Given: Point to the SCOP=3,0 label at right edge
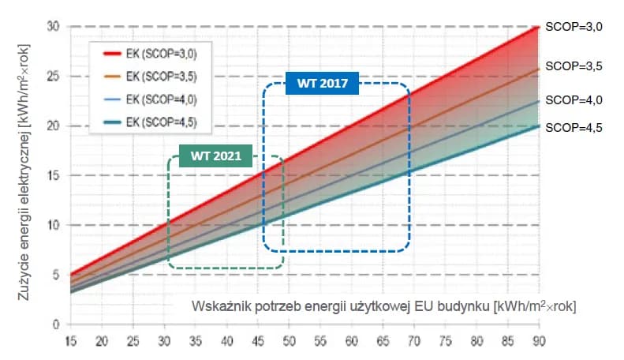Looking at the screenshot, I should [x=574, y=27].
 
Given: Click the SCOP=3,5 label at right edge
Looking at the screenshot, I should [x=574, y=67].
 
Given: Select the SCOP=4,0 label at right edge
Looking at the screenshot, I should [x=574, y=100].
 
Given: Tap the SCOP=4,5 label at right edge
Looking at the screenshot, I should [x=574, y=126].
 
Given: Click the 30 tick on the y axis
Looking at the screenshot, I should [x=54, y=27].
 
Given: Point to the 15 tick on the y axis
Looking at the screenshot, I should [x=54, y=175].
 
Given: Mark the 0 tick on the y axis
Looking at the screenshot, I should [x=57, y=324].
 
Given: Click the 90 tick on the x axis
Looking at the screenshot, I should [x=536, y=341].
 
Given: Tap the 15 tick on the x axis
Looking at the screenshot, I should [x=70, y=341].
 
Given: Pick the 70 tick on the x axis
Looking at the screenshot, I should [x=413, y=341].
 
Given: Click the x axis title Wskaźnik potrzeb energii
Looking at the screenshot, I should [x=383, y=306].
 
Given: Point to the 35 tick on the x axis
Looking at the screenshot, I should [x=195, y=341].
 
